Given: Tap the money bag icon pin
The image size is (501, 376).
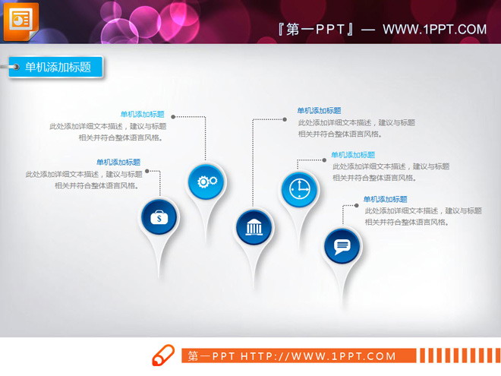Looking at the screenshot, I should tap(159, 218).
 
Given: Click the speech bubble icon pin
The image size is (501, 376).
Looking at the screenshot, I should tap(342, 245).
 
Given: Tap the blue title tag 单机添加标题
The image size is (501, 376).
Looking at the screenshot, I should tap(58, 67).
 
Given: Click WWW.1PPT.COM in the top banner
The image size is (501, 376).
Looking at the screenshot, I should tap(434, 30).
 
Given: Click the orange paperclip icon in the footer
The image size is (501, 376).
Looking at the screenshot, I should tap(164, 355).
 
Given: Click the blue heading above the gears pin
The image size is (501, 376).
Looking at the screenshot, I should tap(142, 115).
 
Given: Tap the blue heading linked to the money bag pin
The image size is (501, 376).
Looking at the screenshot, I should tap(118, 162).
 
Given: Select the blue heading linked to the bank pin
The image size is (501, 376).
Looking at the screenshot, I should tap(319, 111).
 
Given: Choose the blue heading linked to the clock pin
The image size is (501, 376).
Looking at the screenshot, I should tap(353, 155).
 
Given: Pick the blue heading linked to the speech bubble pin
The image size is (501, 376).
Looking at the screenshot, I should tap(386, 200).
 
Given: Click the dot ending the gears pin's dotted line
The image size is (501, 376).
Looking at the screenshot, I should tap(174, 117).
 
